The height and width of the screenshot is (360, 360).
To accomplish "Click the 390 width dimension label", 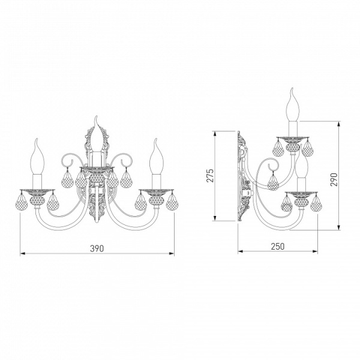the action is coord(97,248).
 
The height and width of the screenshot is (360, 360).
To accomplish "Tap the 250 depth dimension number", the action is coord(278,247).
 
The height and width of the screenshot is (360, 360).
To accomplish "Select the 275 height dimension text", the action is coord(210,176).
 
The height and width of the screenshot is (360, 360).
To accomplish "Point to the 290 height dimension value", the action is coord(334,179).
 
